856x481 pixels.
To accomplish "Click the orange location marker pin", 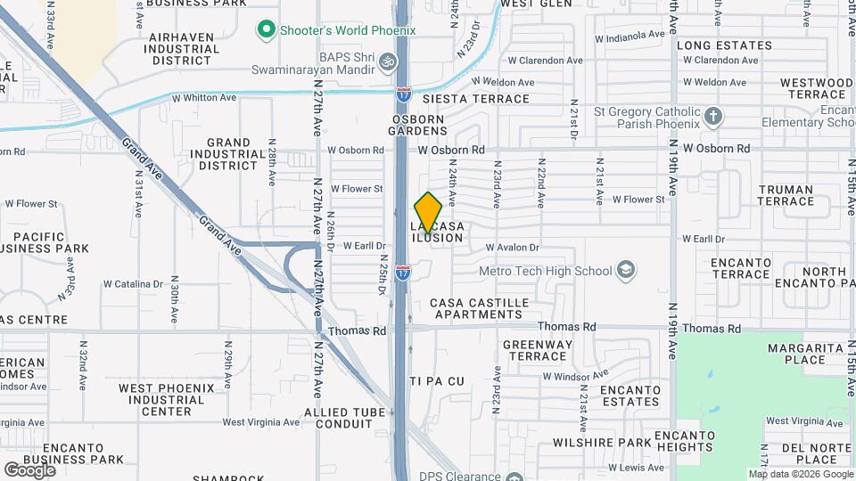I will click(429, 212).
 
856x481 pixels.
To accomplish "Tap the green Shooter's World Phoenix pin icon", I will click(265, 30).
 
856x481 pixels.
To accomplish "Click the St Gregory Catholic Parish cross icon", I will click(712, 116).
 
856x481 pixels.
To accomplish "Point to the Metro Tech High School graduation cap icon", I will click(626, 270).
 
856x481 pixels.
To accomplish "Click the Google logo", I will click(29, 469).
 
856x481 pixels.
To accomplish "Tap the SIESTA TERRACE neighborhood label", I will click(476, 99).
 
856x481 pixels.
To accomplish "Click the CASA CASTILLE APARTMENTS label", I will click(476, 308).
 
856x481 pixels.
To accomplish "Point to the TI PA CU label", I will click(437, 381).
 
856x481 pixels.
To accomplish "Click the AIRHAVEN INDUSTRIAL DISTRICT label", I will click(181, 49).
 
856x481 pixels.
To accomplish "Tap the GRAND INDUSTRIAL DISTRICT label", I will click(228, 154).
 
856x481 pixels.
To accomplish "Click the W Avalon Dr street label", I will click(513, 248).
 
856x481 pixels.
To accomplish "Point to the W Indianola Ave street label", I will click(630, 37).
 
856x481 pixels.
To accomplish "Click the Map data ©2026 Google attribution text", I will click(801, 474).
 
